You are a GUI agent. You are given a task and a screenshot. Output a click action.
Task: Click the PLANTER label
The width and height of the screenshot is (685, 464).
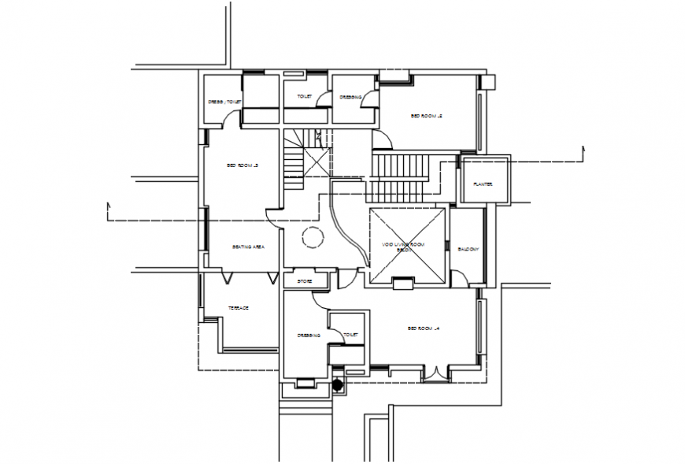click(483, 184)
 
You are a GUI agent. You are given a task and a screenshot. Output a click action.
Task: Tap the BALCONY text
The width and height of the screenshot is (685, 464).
click(468, 249)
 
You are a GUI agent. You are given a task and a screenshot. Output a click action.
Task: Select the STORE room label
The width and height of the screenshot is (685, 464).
click(305, 280)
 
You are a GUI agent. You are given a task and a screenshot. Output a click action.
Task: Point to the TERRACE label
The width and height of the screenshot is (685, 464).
click(239, 307)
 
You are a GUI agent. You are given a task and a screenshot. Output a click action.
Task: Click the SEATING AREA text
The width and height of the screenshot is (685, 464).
click(248, 247)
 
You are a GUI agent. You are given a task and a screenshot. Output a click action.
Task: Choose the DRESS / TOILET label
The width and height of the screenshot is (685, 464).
click(224, 102)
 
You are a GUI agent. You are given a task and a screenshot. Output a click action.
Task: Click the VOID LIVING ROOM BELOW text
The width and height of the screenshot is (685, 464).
click(403, 247)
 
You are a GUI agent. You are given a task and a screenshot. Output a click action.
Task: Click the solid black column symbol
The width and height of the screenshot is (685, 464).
click(339, 385)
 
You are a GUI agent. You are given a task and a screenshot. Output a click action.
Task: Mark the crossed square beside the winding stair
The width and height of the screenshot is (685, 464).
click(318, 162)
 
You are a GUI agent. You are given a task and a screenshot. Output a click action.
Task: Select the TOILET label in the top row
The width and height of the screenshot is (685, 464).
click(305, 97)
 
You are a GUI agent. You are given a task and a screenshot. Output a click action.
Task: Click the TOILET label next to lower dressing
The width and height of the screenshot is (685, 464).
click(351, 335)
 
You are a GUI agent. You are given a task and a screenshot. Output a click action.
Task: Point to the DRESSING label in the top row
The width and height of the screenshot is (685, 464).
click(351, 98)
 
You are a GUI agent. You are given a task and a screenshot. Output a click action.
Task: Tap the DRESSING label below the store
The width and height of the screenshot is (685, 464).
click(309, 335)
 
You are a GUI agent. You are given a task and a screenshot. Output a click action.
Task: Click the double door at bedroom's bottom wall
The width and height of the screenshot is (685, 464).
click(435, 373)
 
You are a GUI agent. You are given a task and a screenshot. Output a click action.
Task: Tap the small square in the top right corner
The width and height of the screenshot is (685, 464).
click(488, 81)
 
